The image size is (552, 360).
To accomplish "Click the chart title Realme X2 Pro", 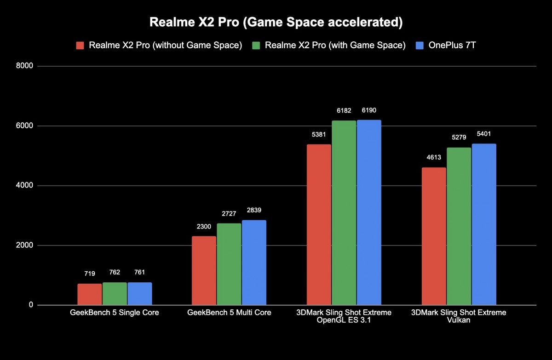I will point(276,22).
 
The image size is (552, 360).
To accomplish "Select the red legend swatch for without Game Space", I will point(80,46).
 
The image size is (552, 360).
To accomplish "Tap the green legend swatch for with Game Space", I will point(257,46).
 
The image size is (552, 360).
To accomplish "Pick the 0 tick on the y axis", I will point(30,305).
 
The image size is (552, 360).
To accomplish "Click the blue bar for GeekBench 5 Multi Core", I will point(254,263).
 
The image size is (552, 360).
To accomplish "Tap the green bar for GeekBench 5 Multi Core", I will point(229,264).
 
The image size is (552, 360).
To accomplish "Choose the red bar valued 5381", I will point(319,225).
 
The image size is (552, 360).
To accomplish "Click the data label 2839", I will point(254,211).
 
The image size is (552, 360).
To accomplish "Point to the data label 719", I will point(89,274).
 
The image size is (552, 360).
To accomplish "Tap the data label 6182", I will point(344,111).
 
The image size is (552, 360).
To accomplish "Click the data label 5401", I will point(483,134).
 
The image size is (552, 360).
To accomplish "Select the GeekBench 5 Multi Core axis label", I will point(229,313).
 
